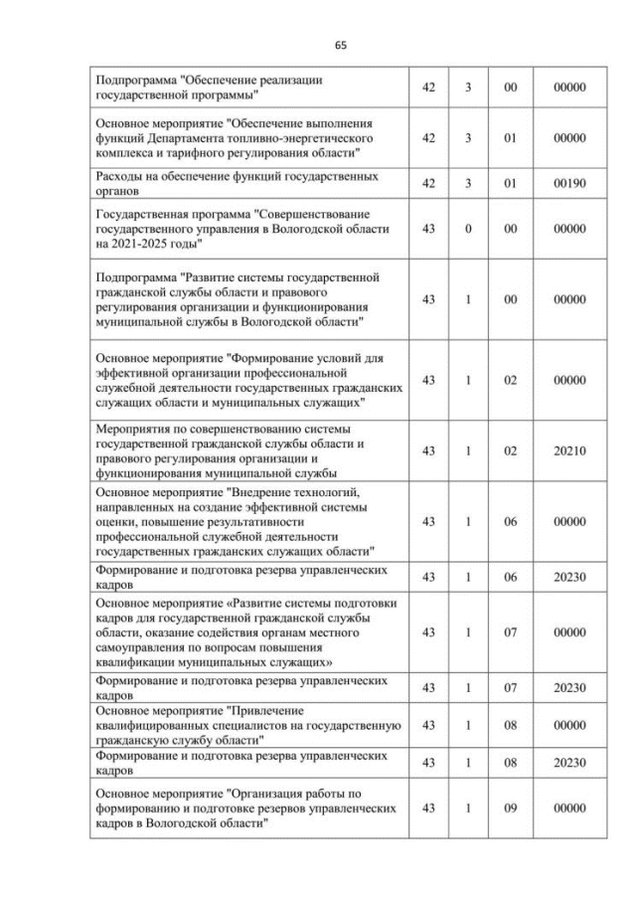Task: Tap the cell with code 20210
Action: [x=569, y=450]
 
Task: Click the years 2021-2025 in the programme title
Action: [x=144, y=244]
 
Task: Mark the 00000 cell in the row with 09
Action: [x=569, y=809]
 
